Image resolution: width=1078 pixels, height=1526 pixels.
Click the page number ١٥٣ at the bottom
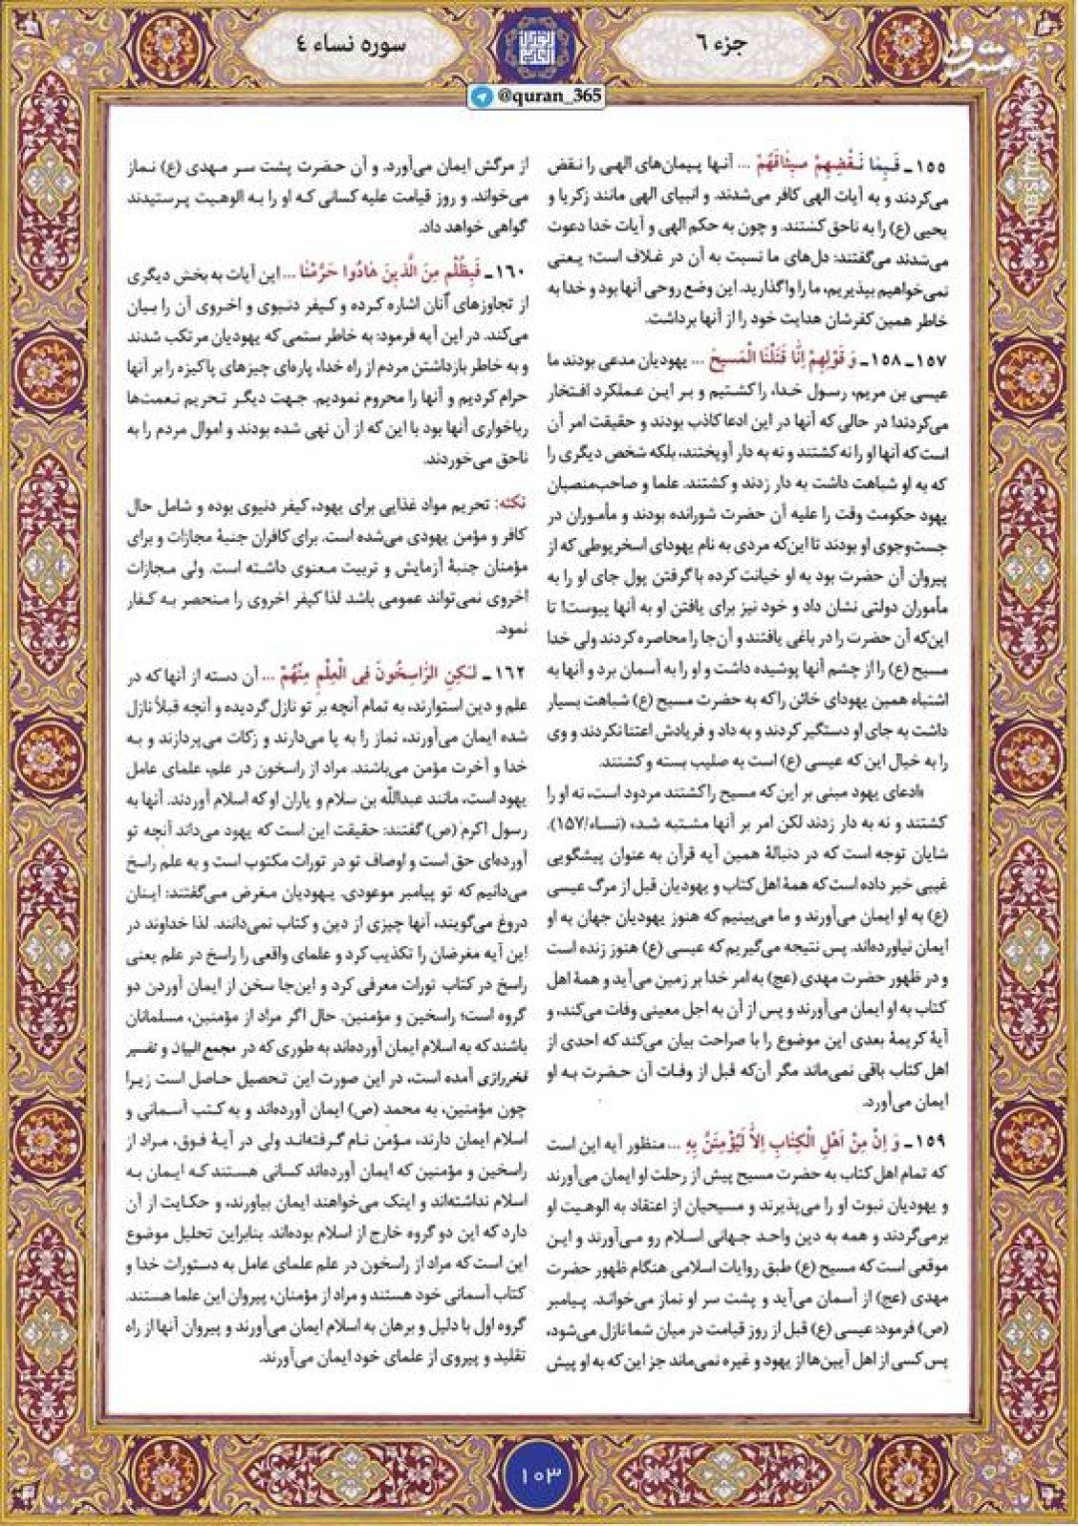point(540,1473)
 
